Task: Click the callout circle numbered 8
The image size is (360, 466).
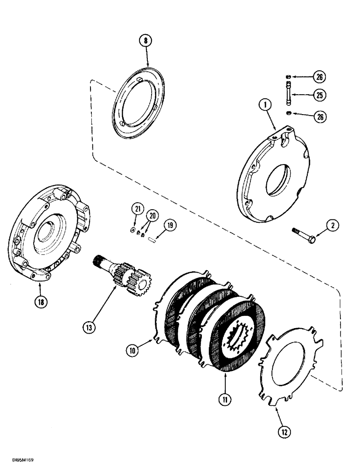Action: (146, 41)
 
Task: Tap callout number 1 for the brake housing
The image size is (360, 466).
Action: (265, 106)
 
